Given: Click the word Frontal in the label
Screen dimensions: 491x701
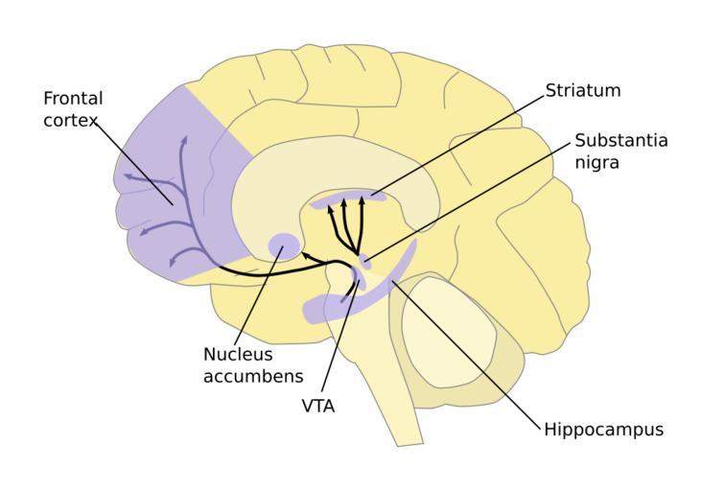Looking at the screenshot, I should point(73,99).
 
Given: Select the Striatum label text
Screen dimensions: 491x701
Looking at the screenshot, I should point(583,90).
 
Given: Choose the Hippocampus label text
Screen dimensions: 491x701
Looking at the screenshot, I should point(603,429).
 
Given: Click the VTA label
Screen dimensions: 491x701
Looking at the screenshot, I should point(317,406).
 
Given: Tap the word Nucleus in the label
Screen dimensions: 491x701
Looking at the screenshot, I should point(238,354).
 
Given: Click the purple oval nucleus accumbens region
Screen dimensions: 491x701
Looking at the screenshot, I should point(283,245).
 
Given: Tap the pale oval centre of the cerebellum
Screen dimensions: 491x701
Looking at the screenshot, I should point(448,331).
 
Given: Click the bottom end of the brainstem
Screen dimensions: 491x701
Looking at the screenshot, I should point(409,439).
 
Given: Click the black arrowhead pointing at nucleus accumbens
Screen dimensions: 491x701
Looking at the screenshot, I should point(305,255).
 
